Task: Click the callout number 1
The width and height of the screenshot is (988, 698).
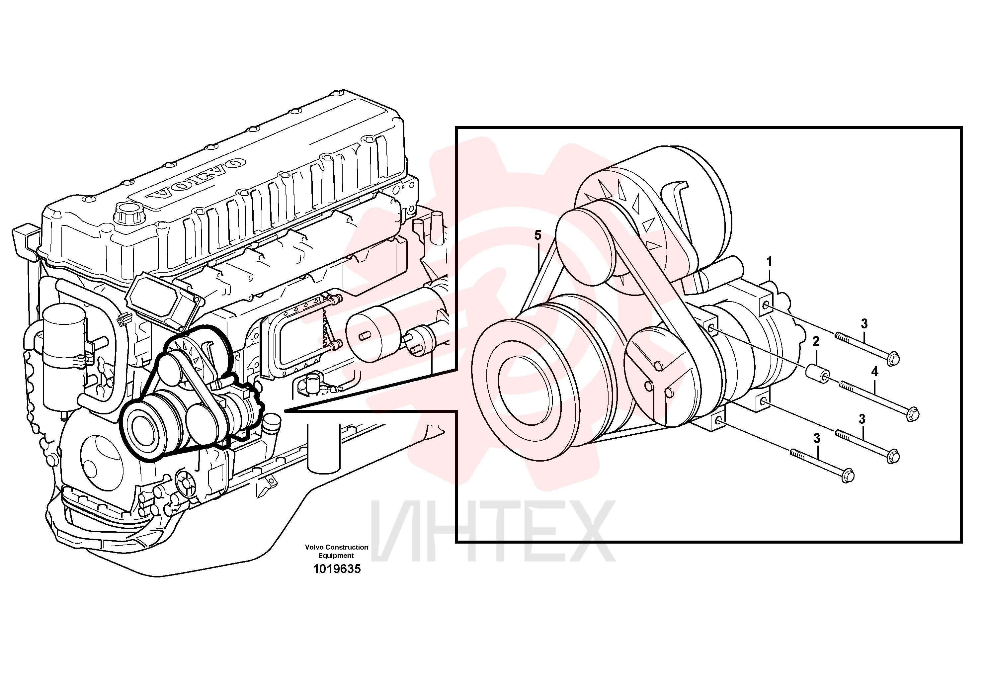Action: pos(770,261)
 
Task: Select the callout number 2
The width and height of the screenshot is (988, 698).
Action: pos(815,341)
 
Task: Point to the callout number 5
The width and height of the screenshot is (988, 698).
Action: pos(538,235)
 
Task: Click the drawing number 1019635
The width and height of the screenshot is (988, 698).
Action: pos(337,569)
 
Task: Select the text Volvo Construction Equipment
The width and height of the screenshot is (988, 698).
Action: pos(337,551)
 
